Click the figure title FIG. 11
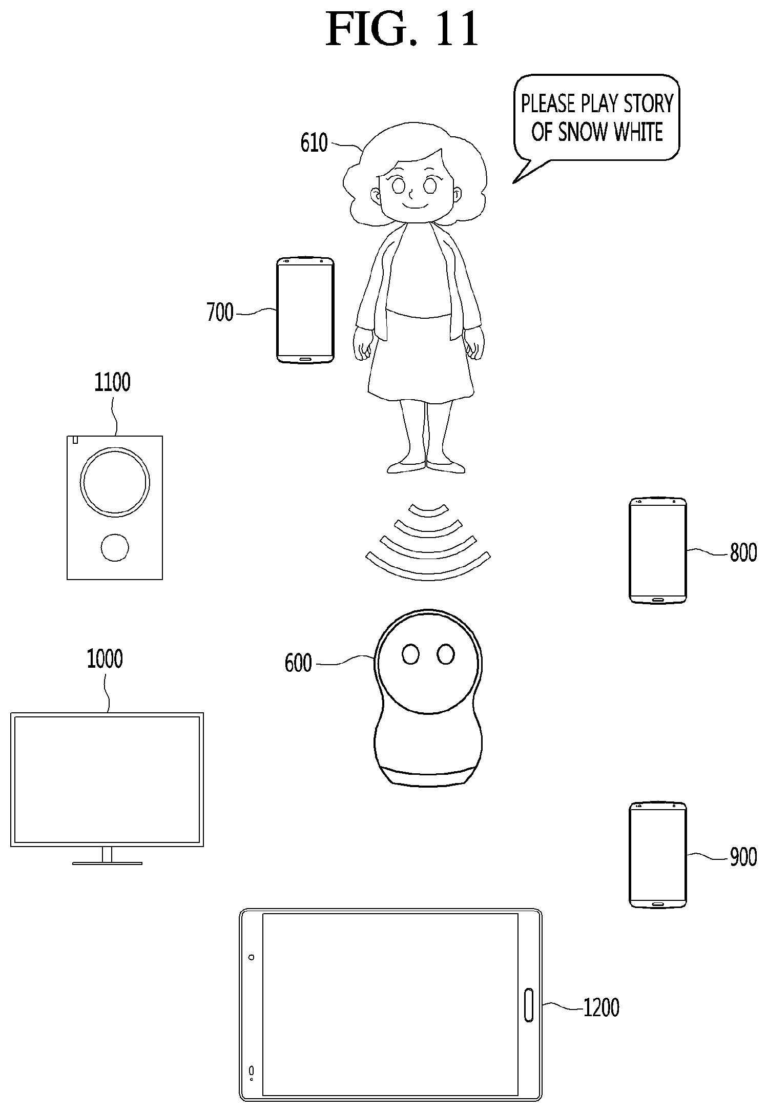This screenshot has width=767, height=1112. (x=402, y=30)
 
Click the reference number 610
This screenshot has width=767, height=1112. (x=314, y=143)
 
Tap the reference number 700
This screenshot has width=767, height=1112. (x=220, y=312)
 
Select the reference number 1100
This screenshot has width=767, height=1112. (x=112, y=382)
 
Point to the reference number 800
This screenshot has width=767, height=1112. (x=743, y=553)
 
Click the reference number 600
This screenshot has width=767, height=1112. (x=298, y=663)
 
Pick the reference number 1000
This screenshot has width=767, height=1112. (x=105, y=659)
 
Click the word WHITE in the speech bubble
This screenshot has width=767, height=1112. (x=638, y=132)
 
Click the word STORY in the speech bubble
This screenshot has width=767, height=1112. (x=647, y=104)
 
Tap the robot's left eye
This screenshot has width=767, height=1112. (x=410, y=654)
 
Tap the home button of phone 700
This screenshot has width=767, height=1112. (x=305, y=358)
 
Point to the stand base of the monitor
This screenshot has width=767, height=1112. (x=107, y=863)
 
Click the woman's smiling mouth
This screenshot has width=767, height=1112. (x=414, y=205)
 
